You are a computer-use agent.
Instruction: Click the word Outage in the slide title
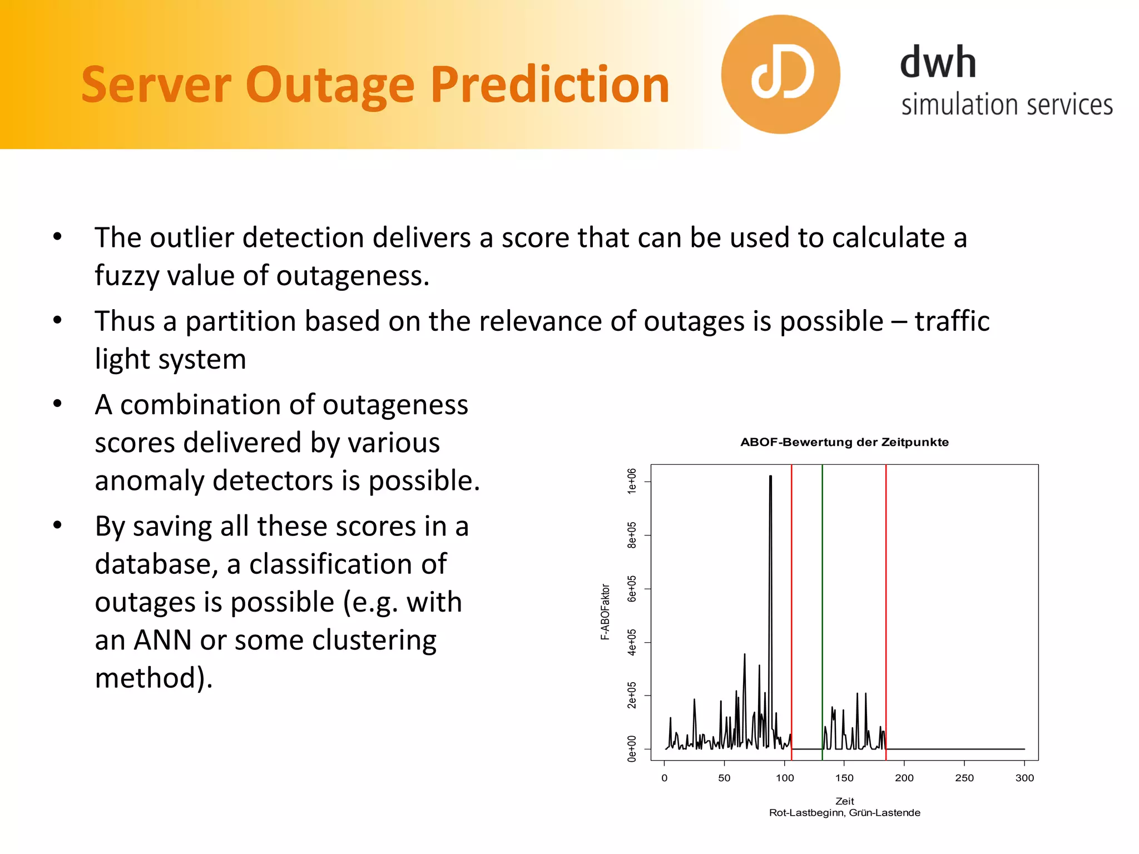(x=330, y=85)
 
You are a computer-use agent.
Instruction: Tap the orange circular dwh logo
(x=780, y=75)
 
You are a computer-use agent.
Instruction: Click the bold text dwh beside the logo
(x=938, y=62)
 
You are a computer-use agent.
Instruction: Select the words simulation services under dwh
(x=1007, y=105)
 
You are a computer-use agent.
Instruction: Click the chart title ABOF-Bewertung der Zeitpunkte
(x=844, y=442)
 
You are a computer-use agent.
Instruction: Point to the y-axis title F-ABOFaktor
(x=605, y=612)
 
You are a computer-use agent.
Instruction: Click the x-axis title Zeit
(x=844, y=801)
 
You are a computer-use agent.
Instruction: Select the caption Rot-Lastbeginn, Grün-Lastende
(x=844, y=813)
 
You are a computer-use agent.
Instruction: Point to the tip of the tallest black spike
(x=770, y=476)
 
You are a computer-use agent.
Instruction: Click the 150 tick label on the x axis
(x=844, y=778)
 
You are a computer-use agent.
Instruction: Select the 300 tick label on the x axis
(x=1024, y=778)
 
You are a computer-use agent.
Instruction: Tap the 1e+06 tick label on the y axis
(x=632, y=480)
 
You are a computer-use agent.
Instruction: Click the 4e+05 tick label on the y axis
(x=632, y=642)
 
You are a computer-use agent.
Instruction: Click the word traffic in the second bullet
(x=952, y=321)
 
